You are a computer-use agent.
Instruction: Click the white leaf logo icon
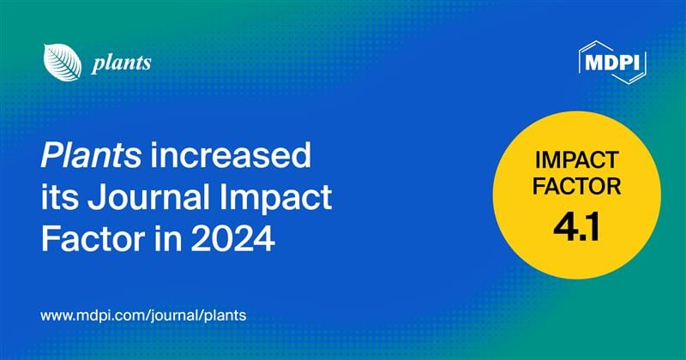(59, 62)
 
